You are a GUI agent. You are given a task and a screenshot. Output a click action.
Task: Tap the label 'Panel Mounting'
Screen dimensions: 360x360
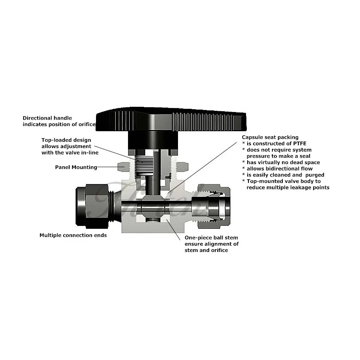(x=76, y=167)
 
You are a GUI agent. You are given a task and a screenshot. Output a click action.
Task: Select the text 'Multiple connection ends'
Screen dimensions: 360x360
(x=73, y=235)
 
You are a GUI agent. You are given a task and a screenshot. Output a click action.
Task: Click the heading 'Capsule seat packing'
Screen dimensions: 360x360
(x=270, y=137)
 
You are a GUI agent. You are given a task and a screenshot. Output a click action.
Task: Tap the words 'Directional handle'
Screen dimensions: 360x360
(x=47, y=118)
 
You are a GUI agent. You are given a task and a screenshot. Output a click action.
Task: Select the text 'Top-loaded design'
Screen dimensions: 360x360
(x=66, y=140)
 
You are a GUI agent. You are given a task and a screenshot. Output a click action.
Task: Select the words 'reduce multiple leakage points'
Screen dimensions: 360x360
(x=288, y=187)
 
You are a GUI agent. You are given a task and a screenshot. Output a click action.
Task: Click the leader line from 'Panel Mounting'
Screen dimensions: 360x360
(x=109, y=167)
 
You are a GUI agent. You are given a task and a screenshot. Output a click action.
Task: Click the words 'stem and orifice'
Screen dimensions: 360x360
(x=206, y=250)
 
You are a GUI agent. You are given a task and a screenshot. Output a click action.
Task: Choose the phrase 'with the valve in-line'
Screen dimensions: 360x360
(x=70, y=153)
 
